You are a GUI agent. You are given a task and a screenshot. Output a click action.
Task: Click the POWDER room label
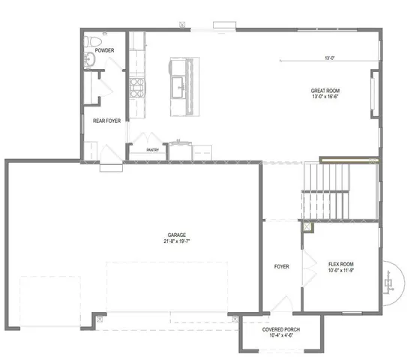coord(105,50)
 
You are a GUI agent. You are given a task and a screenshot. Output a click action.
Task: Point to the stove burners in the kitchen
coord(137,88)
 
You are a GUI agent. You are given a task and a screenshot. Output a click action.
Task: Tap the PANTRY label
coord(152,150)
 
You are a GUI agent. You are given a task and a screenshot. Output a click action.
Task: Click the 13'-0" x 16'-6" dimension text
coord(327,96)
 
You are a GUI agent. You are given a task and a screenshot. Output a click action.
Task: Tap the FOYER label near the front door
coord(281,266)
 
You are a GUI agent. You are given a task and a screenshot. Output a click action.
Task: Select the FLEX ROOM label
coord(341,264)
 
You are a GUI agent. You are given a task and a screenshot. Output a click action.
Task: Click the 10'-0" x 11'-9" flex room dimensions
coord(341,271)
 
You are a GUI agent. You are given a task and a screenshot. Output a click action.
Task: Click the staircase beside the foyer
coord(326,191)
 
